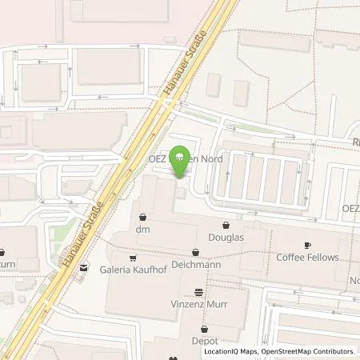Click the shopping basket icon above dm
(x=142, y=216)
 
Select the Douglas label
(x=228, y=238)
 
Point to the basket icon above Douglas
(x=228, y=225)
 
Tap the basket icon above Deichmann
(x=195, y=250)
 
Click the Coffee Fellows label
(x=307, y=258)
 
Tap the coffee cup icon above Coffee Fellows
(x=307, y=245)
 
